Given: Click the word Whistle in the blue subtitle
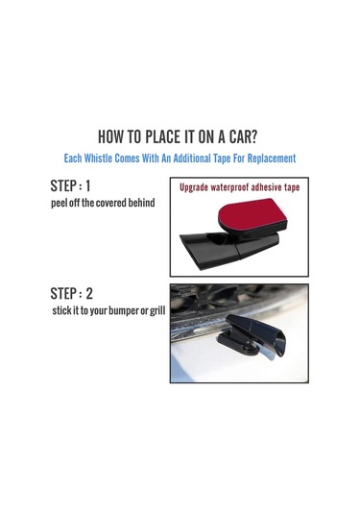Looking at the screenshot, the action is point(98,159).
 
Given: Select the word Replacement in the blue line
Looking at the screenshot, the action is point(272,159).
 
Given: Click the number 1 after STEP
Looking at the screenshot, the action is point(87,185).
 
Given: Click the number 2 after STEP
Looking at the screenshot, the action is point(89,293).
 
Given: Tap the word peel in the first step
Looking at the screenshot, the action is point(59,204).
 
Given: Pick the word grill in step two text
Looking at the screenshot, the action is point(157,310).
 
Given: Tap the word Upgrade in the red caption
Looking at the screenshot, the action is point(194,188).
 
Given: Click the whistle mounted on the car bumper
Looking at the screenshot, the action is point(252,336).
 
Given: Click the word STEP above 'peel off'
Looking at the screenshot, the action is point(63,185).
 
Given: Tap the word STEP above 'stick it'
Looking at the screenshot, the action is point(63,293).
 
